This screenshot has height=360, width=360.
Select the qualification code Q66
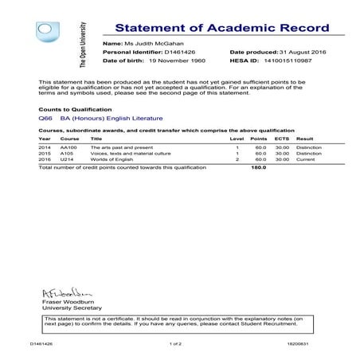(x=45, y=118)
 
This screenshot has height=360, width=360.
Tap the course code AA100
(x=68, y=147)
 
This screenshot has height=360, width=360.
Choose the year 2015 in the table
(x=45, y=153)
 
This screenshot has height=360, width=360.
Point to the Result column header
(x=304, y=139)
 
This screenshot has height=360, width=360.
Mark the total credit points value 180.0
(x=258, y=168)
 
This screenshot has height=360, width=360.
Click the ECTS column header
(x=282, y=139)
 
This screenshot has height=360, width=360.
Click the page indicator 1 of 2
(x=176, y=344)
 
